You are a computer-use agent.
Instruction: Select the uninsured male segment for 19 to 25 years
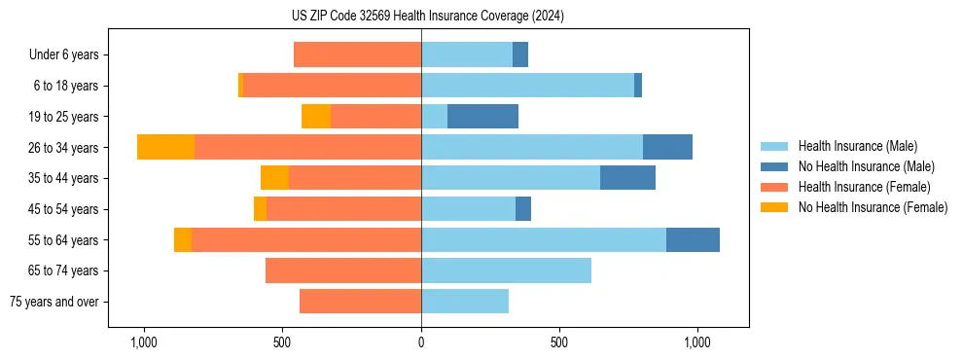point(482,117)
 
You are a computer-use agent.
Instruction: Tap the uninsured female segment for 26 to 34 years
point(165,147)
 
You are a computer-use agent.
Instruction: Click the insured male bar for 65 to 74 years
point(506,270)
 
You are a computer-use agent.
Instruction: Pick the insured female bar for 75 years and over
point(360,302)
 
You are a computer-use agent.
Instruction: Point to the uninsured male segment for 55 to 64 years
point(693,239)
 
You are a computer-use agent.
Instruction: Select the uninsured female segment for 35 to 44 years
point(274,178)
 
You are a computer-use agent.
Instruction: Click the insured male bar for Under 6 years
point(467,54)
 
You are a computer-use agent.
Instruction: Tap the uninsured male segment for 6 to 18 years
point(638,86)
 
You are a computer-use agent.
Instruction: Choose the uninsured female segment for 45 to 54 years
point(260,209)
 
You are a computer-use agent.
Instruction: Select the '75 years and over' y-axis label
point(54,302)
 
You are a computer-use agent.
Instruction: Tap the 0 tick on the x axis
point(421,342)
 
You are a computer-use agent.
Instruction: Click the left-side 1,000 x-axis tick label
point(143,342)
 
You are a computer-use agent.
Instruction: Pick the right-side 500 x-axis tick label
point(559,342)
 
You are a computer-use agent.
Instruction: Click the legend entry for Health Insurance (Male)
point(857,146)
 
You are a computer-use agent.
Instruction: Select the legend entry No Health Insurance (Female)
point(873,206)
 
